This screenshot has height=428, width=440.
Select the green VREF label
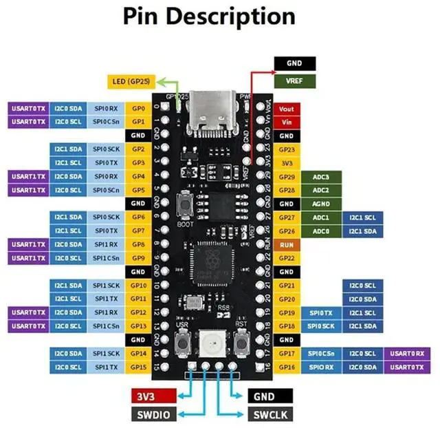pos(295,80)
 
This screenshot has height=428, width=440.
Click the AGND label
pos(321,204)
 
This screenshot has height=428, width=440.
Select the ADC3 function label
pos(321,177)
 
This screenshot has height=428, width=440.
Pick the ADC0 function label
pos(321,231)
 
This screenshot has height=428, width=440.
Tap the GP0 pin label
pos(139,109)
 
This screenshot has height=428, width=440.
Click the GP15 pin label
pos(139,367)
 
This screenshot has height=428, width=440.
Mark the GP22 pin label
pos(286,258)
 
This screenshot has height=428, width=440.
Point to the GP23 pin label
pos(286,149)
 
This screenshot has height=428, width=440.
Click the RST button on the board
pos(241,341)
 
